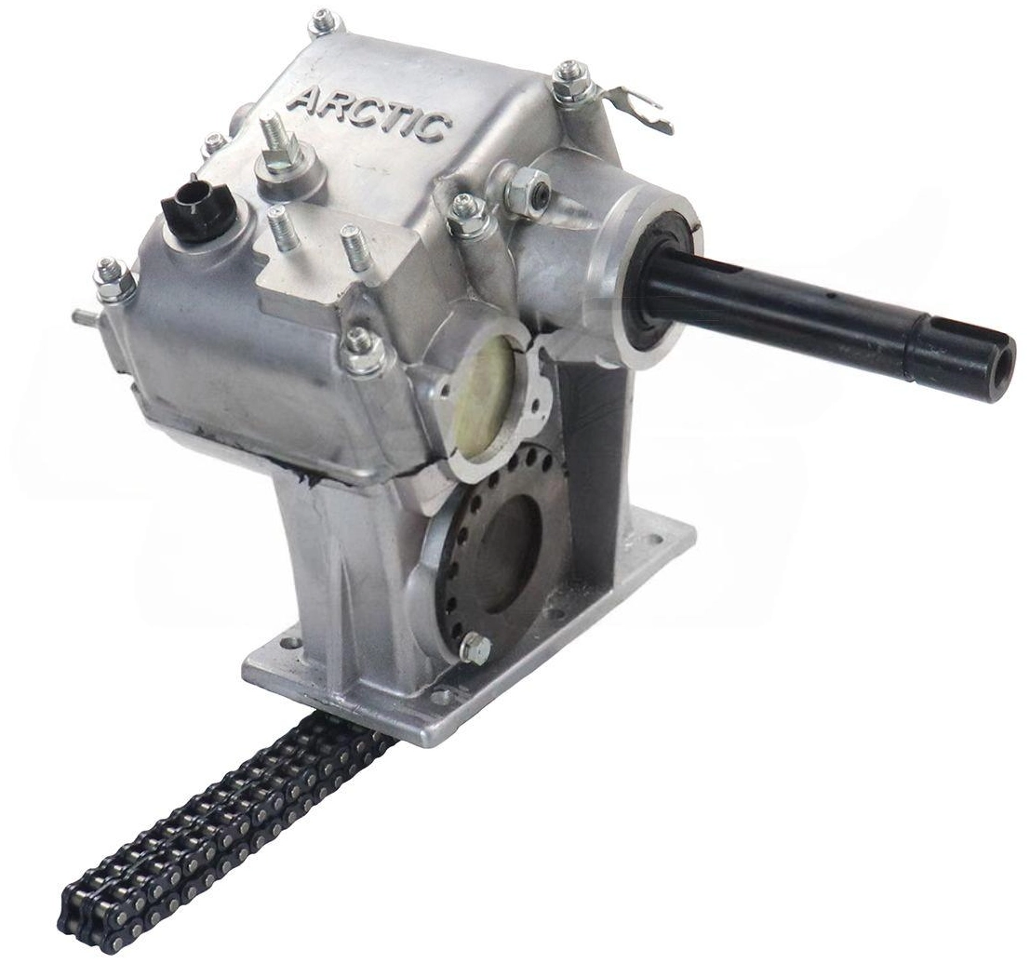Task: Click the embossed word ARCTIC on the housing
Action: click(369, 114)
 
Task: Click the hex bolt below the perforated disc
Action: click(475, 648)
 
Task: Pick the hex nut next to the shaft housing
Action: click(524, 189)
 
